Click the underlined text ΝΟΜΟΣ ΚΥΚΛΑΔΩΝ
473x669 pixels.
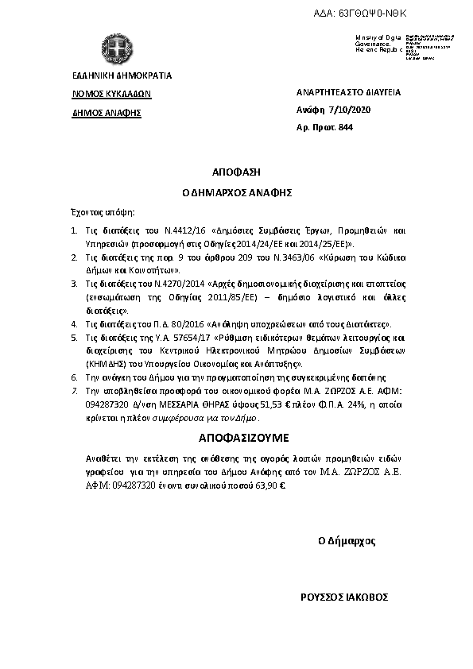pos(106,93)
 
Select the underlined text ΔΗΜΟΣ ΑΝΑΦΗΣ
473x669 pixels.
pos(101,113)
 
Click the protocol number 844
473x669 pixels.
pos(345,127)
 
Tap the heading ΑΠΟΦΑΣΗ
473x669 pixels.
pos(236,172)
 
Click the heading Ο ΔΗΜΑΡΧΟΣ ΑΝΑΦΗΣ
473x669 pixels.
pos(235,192)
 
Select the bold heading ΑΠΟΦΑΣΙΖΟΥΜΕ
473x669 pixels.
pos(235,438)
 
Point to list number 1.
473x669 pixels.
pos(72,230)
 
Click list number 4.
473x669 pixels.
pos(72,324)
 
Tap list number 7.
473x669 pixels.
pos(72,393)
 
